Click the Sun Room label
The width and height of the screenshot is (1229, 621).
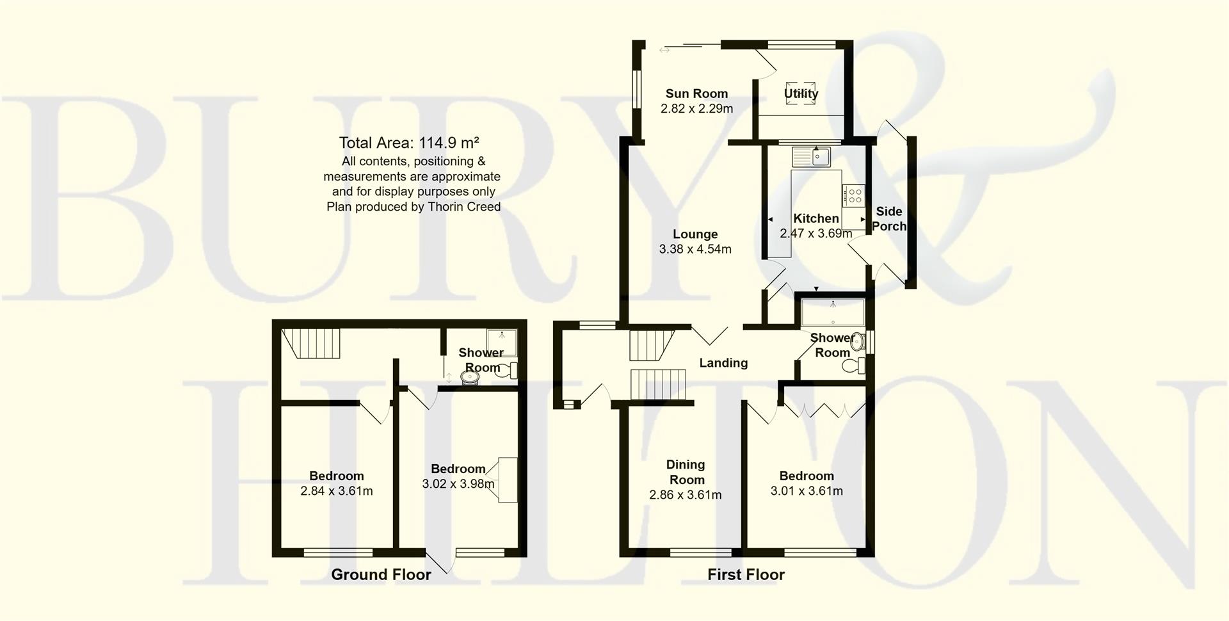pyautogui.click(x=696, y=93)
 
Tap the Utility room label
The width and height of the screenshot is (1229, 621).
pyautogui.click(x=801, y=93)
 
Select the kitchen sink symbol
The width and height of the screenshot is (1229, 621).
pyautogui.click(x=811, y=156)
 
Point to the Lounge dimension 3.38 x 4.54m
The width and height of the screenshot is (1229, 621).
pyautogui.click(x=695, y=249)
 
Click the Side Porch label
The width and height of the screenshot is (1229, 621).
pyautogui.click(x=889, y=218)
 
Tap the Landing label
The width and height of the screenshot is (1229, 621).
pyautogui.click(x=723, y=363)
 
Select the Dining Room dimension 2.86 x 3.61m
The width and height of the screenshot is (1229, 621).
pyautogui.click(x=686, y=495)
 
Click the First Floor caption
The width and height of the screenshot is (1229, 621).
pyautogui.click(x=746, y=575)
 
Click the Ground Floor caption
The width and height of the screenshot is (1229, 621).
pyautogui.click(x=381, y=575)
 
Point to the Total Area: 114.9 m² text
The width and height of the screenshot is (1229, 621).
pyautogui.click(x=409, y=143)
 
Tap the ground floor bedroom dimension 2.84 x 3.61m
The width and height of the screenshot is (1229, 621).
pyautogui.click(x=337, y=492)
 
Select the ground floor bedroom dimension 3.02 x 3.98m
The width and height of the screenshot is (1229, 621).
pyautogui.click(x=458, y=484)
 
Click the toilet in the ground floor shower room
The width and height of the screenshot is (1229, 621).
pyautogui.click(x=508, y=370)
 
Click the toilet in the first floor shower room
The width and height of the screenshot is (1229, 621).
pyautogui.click(x=853, y=366)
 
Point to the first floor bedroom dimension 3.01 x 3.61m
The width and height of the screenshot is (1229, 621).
pyautogui.click(x=807, y=492)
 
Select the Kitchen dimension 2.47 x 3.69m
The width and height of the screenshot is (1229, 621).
pyautogui.click(x=815, y=234)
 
